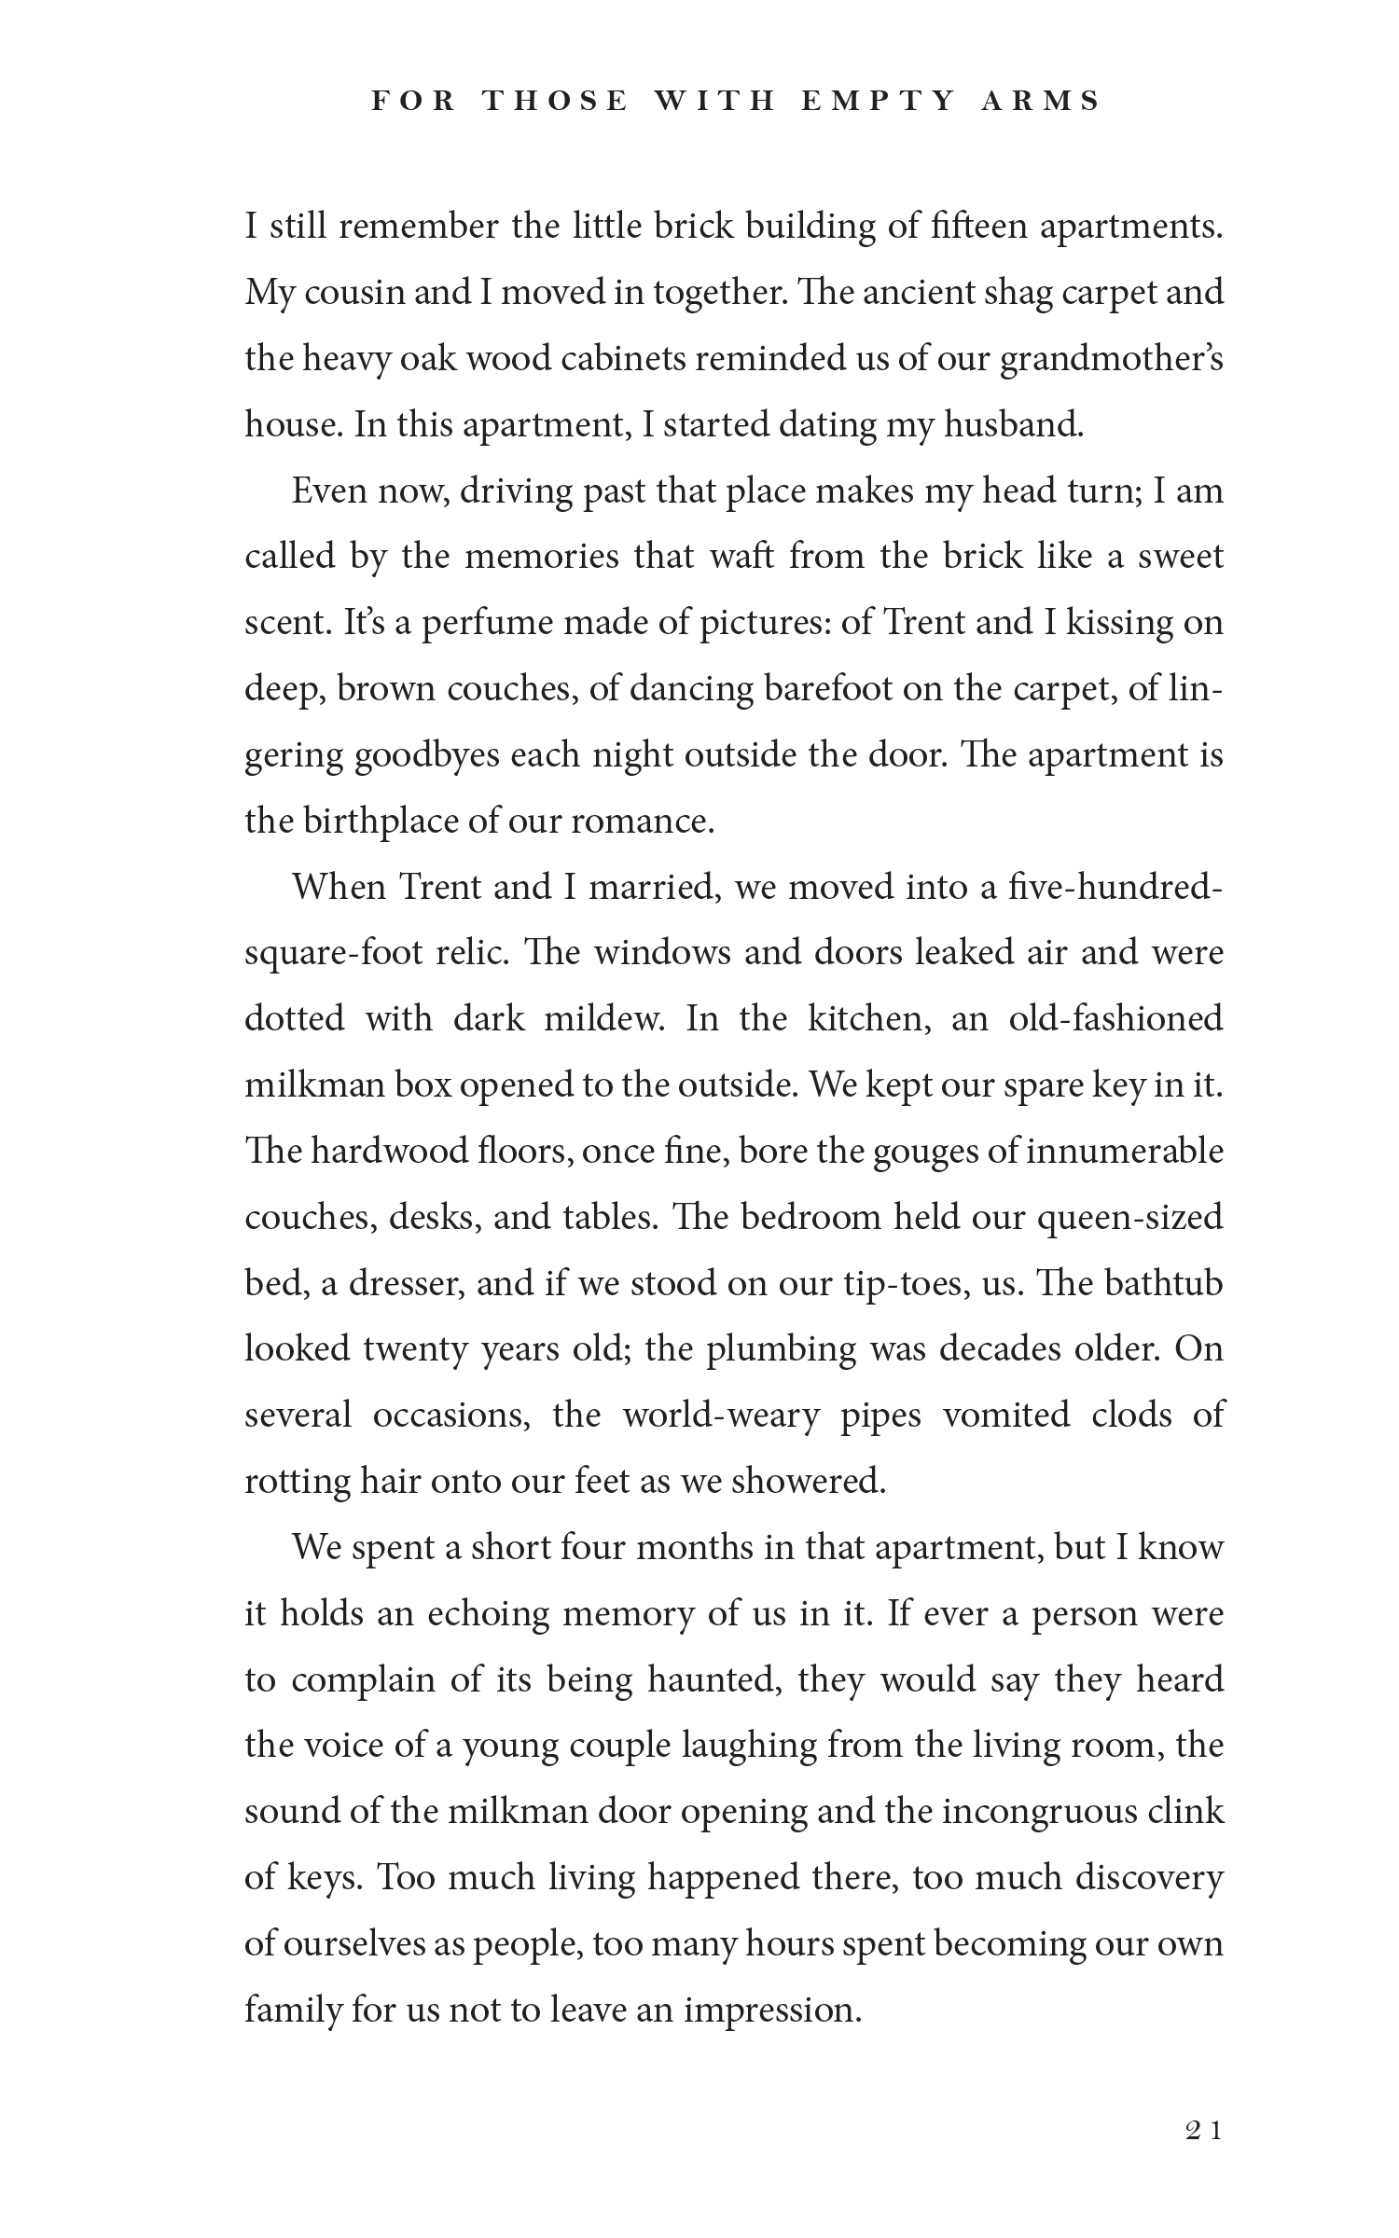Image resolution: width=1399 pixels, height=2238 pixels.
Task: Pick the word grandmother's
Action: point(1111,359)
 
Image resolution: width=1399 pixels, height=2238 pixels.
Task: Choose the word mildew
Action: point(603,1018)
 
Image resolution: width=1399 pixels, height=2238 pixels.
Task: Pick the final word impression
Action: point(772,2010)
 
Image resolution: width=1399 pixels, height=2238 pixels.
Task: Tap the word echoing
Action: point(489,1614)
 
